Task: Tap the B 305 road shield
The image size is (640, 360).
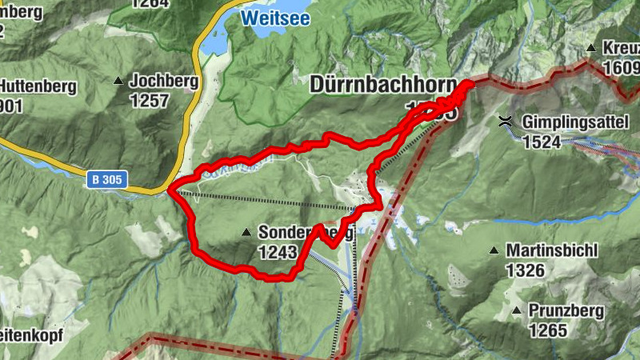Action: click(106, 180)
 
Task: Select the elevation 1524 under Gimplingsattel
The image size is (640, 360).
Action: click(542, 142)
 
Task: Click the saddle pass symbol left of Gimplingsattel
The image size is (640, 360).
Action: click(506, 122)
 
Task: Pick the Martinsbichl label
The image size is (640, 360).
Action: click(551, 251)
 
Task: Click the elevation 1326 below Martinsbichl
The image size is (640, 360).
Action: click(525, 270)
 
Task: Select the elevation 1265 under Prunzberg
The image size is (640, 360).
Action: click(547, 330)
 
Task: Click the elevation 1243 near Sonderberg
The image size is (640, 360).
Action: click(278, 252)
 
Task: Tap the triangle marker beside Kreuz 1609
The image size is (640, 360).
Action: click(591, 48)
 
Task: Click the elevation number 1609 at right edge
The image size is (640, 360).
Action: click(624, 68)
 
